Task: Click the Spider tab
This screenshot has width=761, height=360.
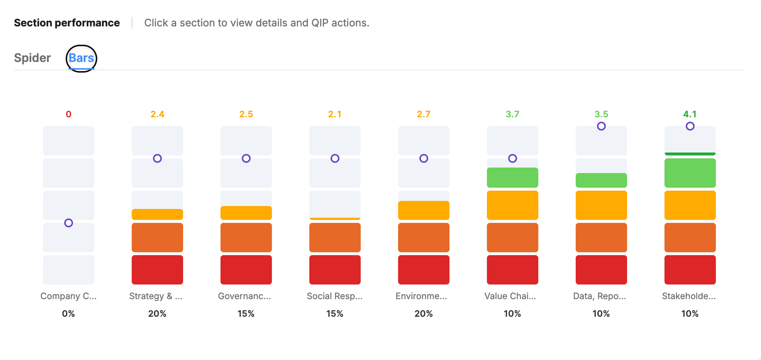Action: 32,58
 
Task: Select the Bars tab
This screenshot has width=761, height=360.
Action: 81,58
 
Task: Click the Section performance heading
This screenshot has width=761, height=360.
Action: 67,23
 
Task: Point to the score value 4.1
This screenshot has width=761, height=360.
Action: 690,114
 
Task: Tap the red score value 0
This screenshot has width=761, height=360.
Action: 68,114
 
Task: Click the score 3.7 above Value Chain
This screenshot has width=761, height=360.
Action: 512,114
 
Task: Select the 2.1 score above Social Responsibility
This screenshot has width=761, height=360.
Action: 335,114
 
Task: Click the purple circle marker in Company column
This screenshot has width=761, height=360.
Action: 68,223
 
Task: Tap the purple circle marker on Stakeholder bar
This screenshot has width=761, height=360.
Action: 690,126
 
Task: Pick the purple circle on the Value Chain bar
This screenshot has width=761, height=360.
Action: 513,158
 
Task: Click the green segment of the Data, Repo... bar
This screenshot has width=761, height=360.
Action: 601,180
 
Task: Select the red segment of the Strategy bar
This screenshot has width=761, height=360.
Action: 157,270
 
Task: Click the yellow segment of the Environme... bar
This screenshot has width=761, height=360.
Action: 423,210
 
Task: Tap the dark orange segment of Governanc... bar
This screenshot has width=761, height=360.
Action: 246,237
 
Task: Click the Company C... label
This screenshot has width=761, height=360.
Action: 68,296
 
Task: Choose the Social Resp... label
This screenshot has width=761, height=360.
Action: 335,296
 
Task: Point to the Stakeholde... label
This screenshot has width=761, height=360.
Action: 689,296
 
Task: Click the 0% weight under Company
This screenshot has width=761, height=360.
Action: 68,314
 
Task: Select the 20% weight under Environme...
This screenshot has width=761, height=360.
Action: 423,314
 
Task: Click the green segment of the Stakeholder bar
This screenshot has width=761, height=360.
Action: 690,173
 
